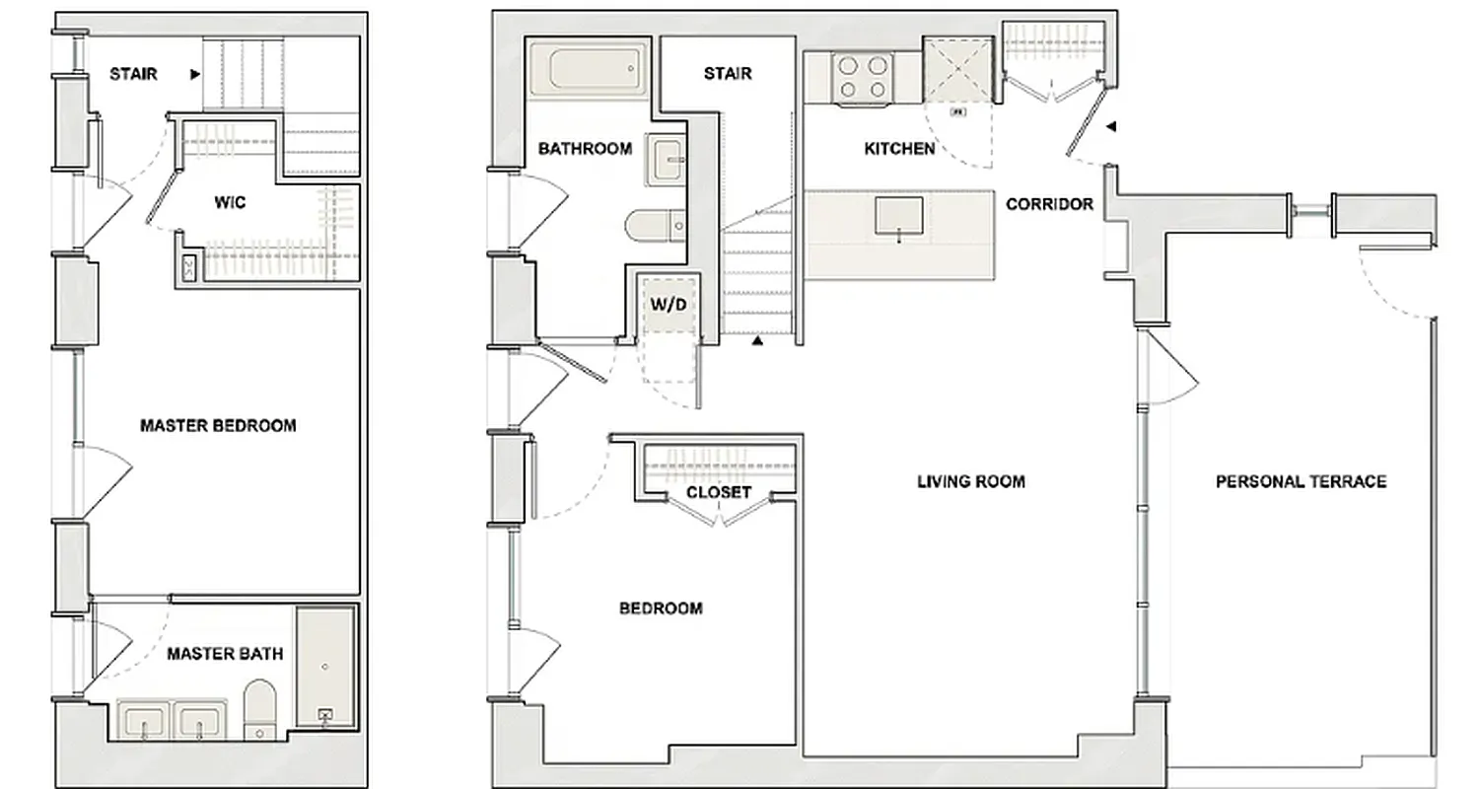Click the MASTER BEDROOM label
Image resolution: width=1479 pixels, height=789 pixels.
pos(218,426)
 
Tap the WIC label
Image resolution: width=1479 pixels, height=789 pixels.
pos(230,203)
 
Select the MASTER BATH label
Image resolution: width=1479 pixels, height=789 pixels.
pos(225,653)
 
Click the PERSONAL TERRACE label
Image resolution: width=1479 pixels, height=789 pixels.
pos(1301,481)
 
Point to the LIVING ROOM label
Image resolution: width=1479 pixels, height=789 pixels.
pos(971,481)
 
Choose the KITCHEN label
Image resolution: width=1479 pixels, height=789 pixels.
pos(899,149)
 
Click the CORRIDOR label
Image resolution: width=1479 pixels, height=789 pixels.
pos(1049,204)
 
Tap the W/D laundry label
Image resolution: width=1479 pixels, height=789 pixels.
pos(668,304)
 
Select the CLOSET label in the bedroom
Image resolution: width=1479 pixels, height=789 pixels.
pos(719,492)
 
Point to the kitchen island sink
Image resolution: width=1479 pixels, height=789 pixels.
pos(899,217)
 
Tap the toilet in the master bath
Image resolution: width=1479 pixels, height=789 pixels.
pos(260,702)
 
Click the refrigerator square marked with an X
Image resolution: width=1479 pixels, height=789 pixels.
pos(957,70)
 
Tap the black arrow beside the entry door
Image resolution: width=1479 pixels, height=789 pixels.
pos(1111,126)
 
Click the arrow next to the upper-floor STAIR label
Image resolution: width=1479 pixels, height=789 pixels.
pos(195,74)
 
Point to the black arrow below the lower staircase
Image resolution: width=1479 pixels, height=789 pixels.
pos(757,341)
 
